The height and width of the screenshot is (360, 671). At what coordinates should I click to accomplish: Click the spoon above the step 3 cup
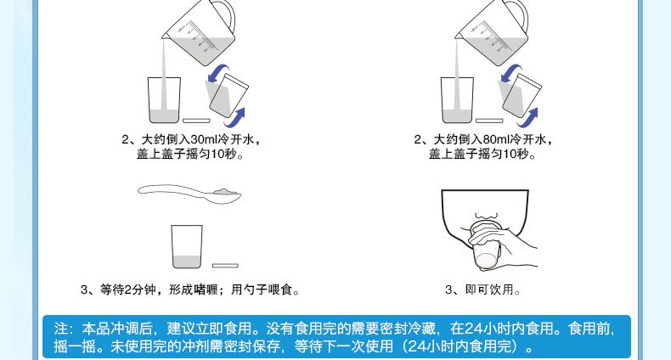(189, 194)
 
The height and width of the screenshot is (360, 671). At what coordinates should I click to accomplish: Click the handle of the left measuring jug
(227, 16)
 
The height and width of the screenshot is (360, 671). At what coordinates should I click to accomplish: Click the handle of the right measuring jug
(520, 16)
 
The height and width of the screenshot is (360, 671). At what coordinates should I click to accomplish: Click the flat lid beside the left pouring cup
(196, 121)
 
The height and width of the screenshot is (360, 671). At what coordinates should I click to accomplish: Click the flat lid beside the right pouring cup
(489, 121)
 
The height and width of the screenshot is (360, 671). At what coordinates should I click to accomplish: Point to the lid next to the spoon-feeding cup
(225, 266)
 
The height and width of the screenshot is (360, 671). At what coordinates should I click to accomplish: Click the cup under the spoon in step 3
(187, 247)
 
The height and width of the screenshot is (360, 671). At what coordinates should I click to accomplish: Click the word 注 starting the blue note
(61, 329)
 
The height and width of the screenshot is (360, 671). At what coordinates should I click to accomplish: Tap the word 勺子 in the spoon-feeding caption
(256, 290)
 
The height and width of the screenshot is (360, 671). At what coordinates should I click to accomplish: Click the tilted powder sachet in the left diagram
(228, 95)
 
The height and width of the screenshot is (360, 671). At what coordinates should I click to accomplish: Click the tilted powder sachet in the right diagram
(522, 95)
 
